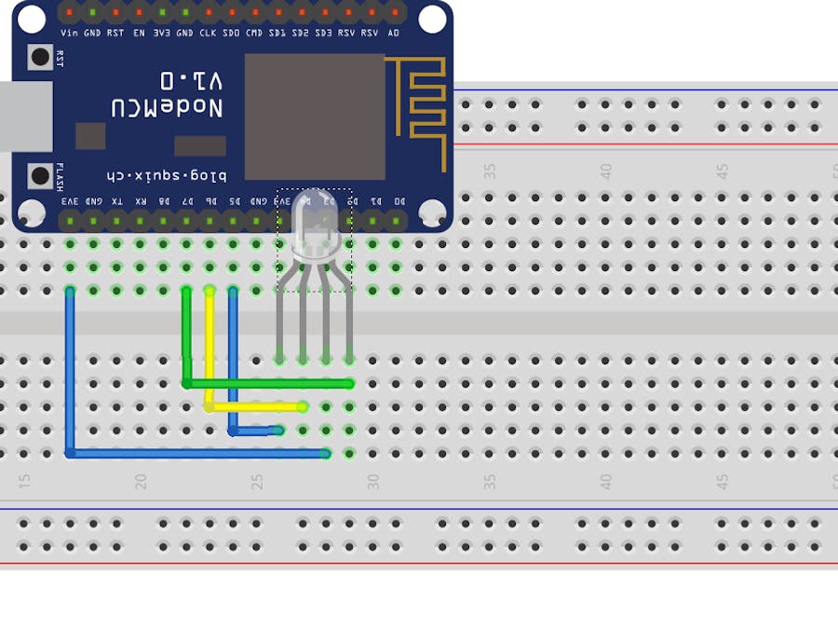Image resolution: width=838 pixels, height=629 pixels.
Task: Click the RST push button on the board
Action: [x=40, y=57]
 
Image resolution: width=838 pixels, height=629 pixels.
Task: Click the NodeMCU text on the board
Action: [x=168, y=107]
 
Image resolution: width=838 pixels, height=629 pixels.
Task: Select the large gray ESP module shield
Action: [x=315, y=116]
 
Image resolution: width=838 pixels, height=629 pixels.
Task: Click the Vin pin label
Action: [x=69, y=33]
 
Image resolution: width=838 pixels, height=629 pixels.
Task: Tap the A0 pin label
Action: [x=393, y=33]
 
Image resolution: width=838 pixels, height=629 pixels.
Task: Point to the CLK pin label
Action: [x=208, y=33]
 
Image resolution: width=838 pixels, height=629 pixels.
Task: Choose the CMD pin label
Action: [x=254, y=33]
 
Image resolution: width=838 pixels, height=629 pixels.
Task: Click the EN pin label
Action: [x=139, y=33]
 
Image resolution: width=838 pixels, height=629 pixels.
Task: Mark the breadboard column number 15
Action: [x=25, y=482]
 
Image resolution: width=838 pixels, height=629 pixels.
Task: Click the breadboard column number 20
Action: [x=142, y=482]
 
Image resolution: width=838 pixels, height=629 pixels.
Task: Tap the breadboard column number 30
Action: [x=373, y=482]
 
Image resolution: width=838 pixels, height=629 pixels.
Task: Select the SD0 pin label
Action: [x=231, y=33]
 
